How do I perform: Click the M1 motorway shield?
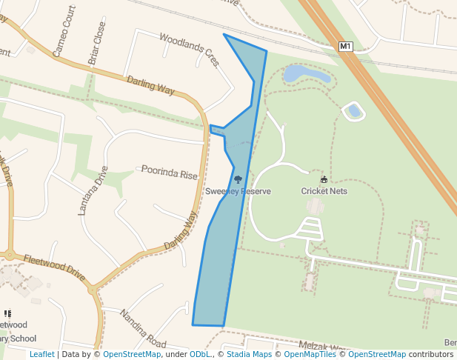[x=345, y=47]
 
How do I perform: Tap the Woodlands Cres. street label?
[x=190, y=48]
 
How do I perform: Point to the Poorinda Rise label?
[x=170, y=175]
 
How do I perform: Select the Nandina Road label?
[x=143, y=328]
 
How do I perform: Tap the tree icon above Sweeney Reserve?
[x=238, y=179]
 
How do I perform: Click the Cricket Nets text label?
[x=324, y=191]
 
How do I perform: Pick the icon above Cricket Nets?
[x=324, y=179]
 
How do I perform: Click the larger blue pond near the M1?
[x=306, y=73]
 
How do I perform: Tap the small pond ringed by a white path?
[x=354, y=111]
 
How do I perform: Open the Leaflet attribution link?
[x=41, y=354]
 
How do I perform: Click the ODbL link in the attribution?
[x=199, y=354]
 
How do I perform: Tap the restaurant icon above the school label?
[x=8, y=314]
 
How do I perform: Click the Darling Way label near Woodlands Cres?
[x=150, y=85]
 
